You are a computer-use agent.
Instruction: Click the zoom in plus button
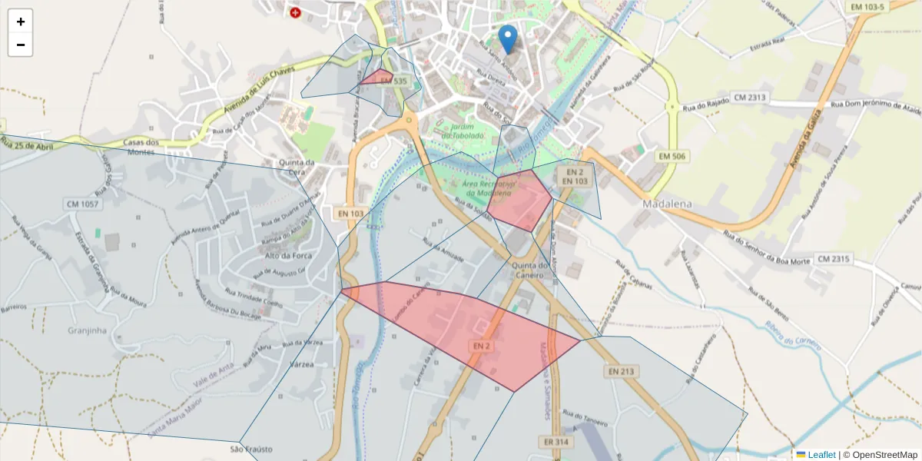click(x=20, y=22)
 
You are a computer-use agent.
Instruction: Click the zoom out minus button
click(x=20, y=45)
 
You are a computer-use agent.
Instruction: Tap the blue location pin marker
click(x=507, y=39)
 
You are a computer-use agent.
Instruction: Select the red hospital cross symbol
click(x=295, y=12)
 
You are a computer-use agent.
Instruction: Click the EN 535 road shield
click(x=393, y=81)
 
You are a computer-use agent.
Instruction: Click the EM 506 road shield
click(x=673, y=157)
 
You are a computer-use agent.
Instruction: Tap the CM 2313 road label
click(x=750, y=98)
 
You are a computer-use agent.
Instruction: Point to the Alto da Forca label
click(x=287, y=256)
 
